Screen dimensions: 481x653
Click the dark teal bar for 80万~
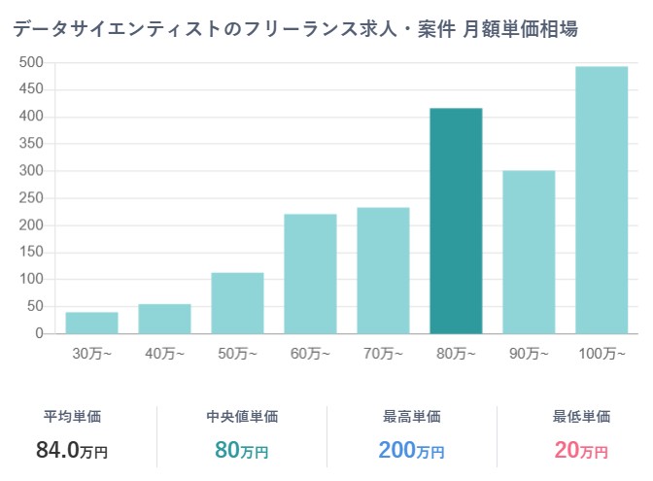tap(456, 222)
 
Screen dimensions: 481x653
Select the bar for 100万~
tap(601, 200)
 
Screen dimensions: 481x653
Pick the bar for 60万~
tap(310, 274)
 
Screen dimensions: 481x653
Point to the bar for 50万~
tap(237, 303)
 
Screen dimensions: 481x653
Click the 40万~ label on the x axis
tap(165, 353)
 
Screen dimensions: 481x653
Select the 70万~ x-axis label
tap(384, 353)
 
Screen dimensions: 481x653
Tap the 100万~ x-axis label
tap(601, 353)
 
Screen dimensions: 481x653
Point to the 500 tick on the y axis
tap(32, 63)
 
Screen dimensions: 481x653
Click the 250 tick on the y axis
tap(32, 198)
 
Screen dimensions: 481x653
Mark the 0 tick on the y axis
tap(40, 333)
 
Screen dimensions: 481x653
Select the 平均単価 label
tap(73, 417)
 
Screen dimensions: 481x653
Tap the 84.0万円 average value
tap(73, 450)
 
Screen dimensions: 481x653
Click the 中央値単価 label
tap(242, 417)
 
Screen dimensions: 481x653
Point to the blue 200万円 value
tap(411, 450)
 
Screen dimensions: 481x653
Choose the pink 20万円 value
tap(581, 450)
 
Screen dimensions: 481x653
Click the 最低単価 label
tap(581, 417)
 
